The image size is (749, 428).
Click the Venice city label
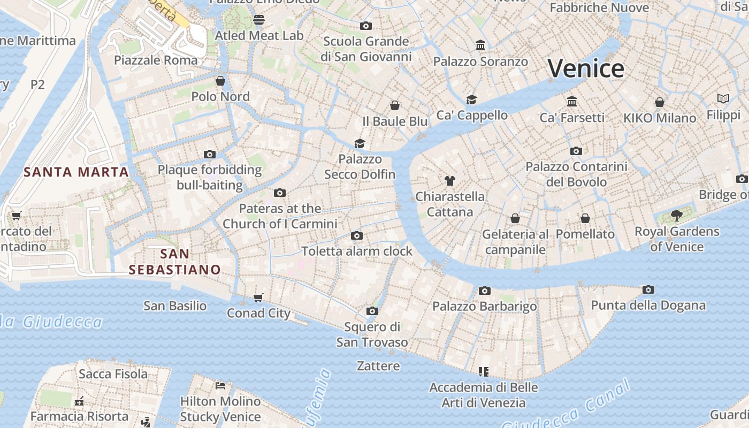pyautogui.click(x=586, y=68)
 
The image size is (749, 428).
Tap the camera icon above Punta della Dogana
pyautogui.click(x=648, y=289)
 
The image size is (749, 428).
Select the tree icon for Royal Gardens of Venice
pyautogui.click(x=676, y=216)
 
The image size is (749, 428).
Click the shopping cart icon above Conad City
pyautogui.click(x=258, y=297)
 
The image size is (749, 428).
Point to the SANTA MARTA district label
pyautogui.click(x=76, y=172)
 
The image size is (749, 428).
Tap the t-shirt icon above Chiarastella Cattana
pyautogui.click(x=450, y=181)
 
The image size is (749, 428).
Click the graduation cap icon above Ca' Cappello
pyautogui.click(x=471, y=100)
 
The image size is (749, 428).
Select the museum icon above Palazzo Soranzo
pyautogui.click(x=480, y=45)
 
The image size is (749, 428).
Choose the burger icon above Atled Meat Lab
pyautogui.click(x=259, y=20)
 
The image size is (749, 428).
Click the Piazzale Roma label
pyautogui.click(x=156, y=60)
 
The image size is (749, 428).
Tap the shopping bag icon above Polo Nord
pyautogui.click(x=220, y=81)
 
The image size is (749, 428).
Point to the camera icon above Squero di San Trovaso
pyautogui.click(x=372, y=311)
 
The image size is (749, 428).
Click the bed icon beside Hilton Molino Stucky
pyautogui.click(x=220, y=385)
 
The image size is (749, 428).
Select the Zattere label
pyautogui.click(x=378, y=366)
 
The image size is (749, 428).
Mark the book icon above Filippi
pyautogui.click(x=723, y=99)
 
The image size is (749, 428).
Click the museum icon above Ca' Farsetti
pyautogui.click(x=572, y=101)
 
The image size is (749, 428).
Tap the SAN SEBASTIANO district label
pyautogui.click(x=175, y=262)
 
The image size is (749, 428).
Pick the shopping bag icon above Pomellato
pyautogui.click(x=585, y=218)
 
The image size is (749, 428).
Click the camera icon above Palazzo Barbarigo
pyautogui.click(x=485, y=291)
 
